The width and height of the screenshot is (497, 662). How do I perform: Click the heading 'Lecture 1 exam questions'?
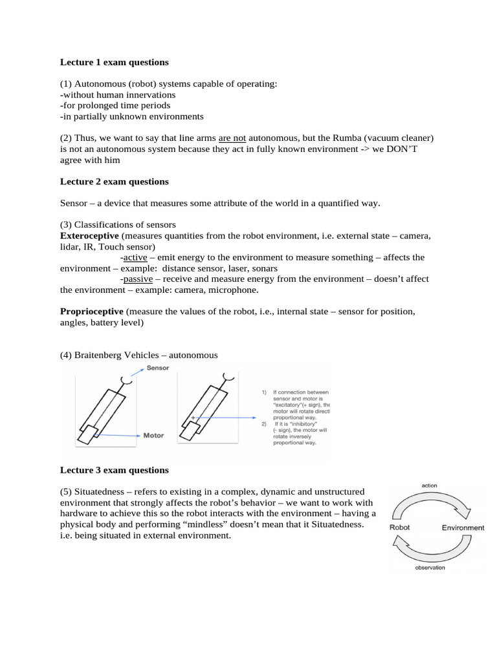click(x=115, y=63)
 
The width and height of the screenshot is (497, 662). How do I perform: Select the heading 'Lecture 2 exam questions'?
click(x=115, y=182)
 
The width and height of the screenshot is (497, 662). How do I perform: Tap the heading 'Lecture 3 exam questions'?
click(x=115, y=470)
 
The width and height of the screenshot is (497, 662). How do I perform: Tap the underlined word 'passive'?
click(x=138, y=279)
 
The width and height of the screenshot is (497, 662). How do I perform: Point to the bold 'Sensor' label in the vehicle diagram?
click(x=158, y=367)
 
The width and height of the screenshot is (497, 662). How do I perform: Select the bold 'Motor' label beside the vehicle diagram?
click(x=153, y=436)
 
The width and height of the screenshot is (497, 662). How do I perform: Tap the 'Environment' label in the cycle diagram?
click(x=463, y=528)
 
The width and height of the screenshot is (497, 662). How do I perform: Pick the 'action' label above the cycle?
click(x=430, y=485)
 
